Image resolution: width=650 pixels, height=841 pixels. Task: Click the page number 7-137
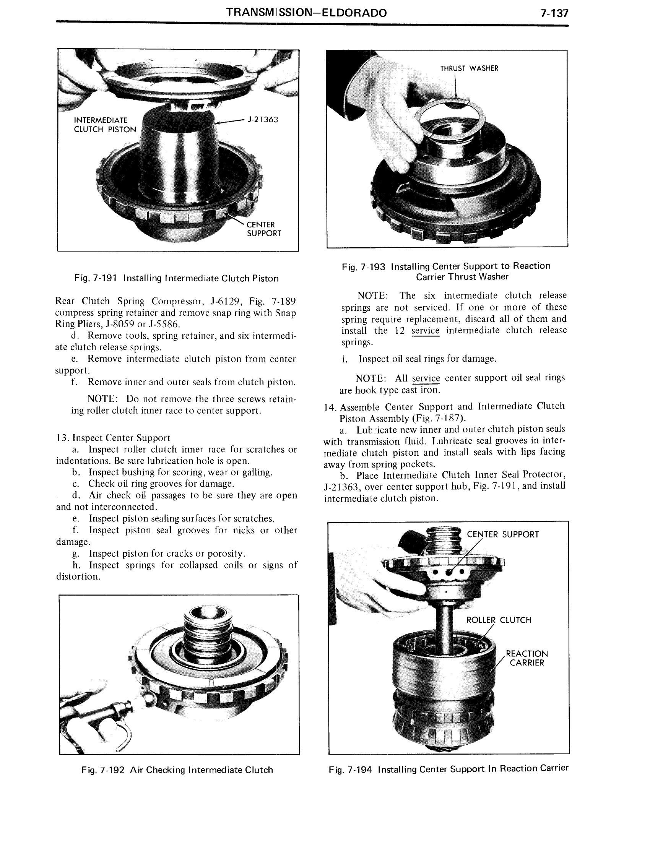click(554, 13)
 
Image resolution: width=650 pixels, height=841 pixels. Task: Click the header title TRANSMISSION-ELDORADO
click(306, 13)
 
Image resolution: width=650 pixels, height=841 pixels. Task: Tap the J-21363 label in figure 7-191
click(263, 120)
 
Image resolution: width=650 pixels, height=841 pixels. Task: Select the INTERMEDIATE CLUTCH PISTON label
click(105, 125)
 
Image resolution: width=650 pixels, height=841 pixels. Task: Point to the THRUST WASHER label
click(469, 68)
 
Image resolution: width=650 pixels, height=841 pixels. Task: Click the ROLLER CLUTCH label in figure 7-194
click(499, 620)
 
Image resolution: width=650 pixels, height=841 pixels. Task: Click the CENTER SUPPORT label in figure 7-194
click(502, 534)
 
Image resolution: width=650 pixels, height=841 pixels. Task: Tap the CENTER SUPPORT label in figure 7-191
click(264, 229)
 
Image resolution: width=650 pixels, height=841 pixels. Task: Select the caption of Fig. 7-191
click(177, 278)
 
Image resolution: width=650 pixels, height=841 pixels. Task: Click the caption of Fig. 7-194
click(448, 770)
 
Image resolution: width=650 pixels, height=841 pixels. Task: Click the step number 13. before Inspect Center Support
click(63, 438)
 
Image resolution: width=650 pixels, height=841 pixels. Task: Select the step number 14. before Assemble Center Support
click(331, 408)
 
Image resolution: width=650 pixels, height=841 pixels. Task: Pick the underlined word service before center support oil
click(426, 378)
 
